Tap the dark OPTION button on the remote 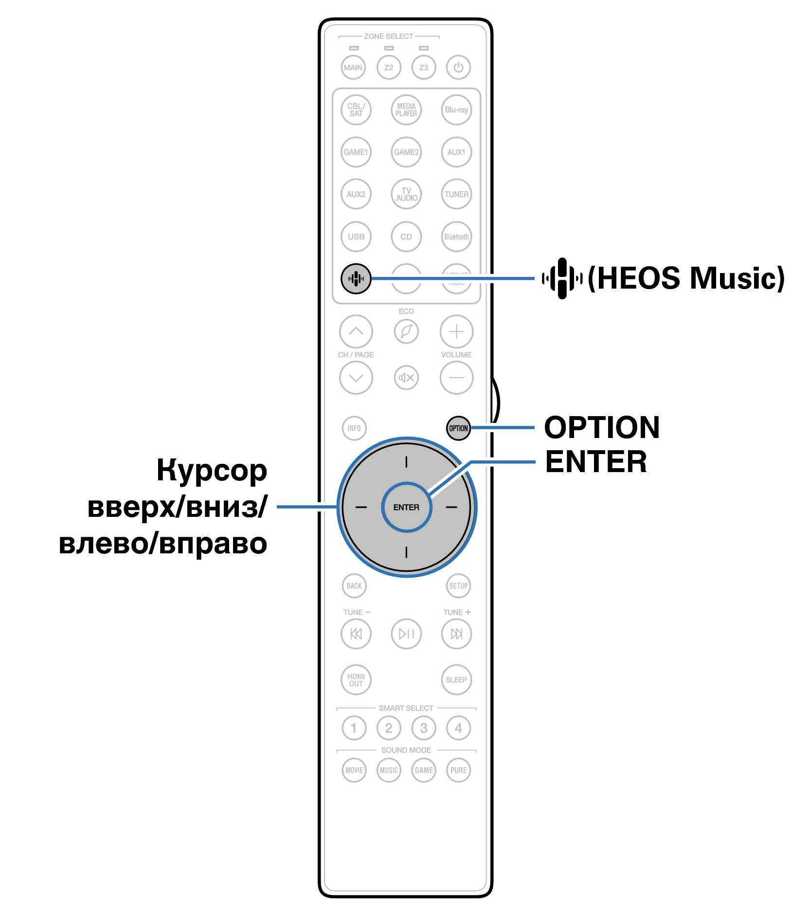coord(458,428)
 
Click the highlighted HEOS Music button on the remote coord(356,278)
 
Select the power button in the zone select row coord(458,67)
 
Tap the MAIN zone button coord(353,67)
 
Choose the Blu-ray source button coord(456,110)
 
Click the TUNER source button coord(456,194)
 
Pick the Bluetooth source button coord(456,237)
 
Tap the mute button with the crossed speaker coord(406,377)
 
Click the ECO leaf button coord(406,331)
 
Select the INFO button coord(354,428)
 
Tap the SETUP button coord(458,585)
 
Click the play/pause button coord(406,634)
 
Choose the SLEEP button coord(456,679)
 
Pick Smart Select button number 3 coord(424,728)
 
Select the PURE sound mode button coord(458,770)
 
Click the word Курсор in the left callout coord(212,471)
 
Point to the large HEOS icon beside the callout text coord(562,278)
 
